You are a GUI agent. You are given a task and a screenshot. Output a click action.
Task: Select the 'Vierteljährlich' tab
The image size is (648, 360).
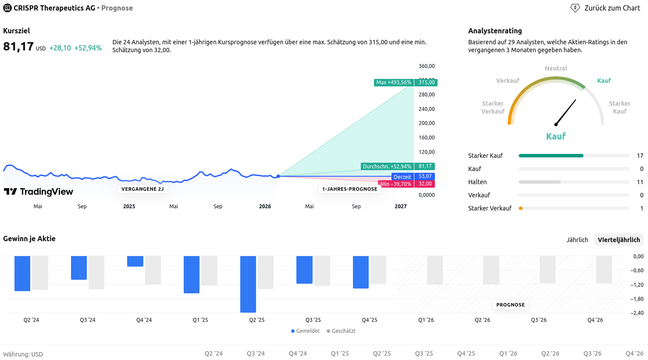(x=619, y=240)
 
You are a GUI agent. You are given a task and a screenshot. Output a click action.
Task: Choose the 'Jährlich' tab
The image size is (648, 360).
(x=577, y=240)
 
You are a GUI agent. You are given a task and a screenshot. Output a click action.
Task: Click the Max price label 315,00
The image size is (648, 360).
(x=426, y=82)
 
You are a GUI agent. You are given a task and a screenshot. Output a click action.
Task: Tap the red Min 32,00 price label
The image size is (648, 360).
(x=424, y=184)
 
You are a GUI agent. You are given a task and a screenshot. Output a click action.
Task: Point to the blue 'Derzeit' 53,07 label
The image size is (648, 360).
(x=413, y=177)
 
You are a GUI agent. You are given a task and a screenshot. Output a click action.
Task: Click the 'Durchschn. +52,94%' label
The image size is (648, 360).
(x=387, y=167)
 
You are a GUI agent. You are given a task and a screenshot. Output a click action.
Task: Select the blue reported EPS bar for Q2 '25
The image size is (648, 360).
(x=248, y=284)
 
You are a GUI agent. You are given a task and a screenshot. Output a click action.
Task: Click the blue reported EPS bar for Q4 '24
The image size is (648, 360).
(x=135, y=261)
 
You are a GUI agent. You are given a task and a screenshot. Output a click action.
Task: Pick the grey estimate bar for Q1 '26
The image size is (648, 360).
(x=435, y=270)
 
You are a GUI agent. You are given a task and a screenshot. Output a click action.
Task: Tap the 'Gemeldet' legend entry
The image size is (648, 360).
(x=306, y=331)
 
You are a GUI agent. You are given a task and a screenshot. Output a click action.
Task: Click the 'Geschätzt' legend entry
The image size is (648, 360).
(x=341, y=331)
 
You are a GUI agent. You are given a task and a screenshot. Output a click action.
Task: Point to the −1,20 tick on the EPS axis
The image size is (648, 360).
(x=637, y=285)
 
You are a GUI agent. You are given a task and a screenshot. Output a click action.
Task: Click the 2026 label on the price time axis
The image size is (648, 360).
(x=265, y=207)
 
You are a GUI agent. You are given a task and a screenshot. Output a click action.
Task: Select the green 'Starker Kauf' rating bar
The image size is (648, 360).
(x=551, y=156)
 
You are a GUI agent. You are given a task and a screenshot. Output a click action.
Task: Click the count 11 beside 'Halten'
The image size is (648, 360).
(x=640, y=182)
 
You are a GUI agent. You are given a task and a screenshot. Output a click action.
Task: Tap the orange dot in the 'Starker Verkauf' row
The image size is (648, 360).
(x=520, y=208)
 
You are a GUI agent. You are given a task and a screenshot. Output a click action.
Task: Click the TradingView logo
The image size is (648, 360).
(x=39, y=192)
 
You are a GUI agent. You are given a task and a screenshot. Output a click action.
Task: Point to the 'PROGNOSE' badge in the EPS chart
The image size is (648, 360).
(x=510, y=305)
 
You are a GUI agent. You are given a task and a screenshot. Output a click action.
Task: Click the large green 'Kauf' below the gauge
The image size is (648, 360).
(x=555, y=136)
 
